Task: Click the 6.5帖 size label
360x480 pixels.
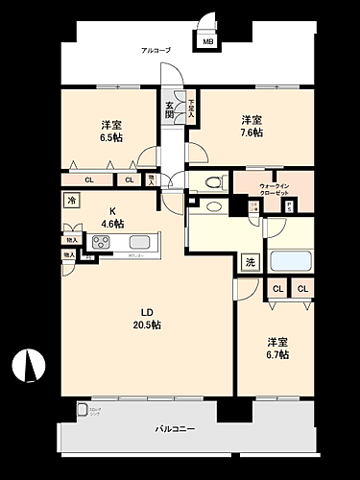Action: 110,137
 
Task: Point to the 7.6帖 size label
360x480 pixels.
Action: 252,132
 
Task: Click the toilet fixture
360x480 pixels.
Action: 214,181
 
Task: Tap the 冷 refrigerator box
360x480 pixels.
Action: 72,200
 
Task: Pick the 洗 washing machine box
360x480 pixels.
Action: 249,262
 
